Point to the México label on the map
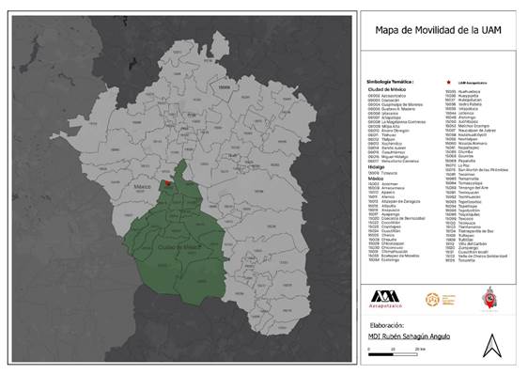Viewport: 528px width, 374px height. point(144,188)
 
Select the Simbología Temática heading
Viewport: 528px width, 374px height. point(391,82)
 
